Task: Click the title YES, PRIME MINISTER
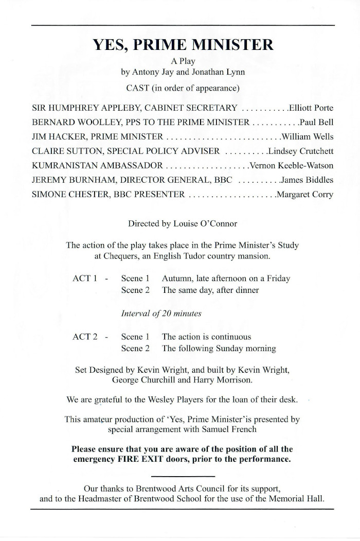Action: pos(183,45)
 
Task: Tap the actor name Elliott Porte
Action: pos(311,108)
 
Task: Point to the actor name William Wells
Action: pos(307,137)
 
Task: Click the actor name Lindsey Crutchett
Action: pos(301,151)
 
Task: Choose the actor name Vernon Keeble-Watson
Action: pos(291,166)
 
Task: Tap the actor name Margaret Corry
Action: pos(305,195)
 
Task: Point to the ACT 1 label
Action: pos(85,278)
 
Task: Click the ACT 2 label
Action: pos(85,337)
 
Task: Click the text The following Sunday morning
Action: pos(219,348)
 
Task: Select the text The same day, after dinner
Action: pos(210,290)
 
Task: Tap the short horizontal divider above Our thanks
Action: pos(183,476)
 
